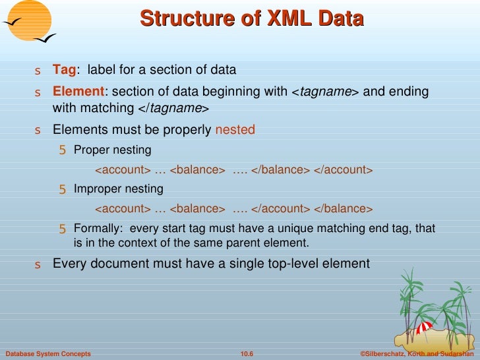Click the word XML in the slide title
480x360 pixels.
tap(291, 18)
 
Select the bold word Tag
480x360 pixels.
tap(65, 70)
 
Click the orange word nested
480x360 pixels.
tap(235, 130)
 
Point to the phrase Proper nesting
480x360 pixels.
tap(112, 150)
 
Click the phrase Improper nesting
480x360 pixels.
tap(118, 189)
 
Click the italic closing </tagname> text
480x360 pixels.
tap(174, 108)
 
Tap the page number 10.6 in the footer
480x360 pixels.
tap(247, 354)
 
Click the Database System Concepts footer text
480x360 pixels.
tap(47, 354)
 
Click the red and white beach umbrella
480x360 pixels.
tap(425, 326)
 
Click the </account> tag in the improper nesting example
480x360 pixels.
tap(280, 209)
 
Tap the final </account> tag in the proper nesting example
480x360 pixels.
tap(343, 170)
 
